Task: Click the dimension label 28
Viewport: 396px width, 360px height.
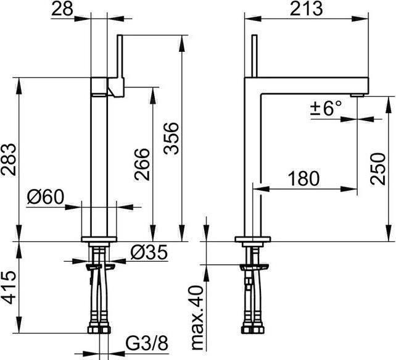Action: point(62,9)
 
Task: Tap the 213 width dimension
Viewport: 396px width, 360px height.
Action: point(306,9)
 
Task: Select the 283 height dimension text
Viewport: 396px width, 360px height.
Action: point(9,159)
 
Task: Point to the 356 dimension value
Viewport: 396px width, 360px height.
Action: point(171,138)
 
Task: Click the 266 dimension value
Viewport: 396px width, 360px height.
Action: point(142,164)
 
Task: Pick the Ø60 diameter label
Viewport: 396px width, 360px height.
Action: point(46,197)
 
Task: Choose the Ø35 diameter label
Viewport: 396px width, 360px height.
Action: point(149,253)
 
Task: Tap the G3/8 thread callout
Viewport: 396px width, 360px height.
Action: point(147,344)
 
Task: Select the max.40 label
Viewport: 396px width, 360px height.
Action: point(197,318)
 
